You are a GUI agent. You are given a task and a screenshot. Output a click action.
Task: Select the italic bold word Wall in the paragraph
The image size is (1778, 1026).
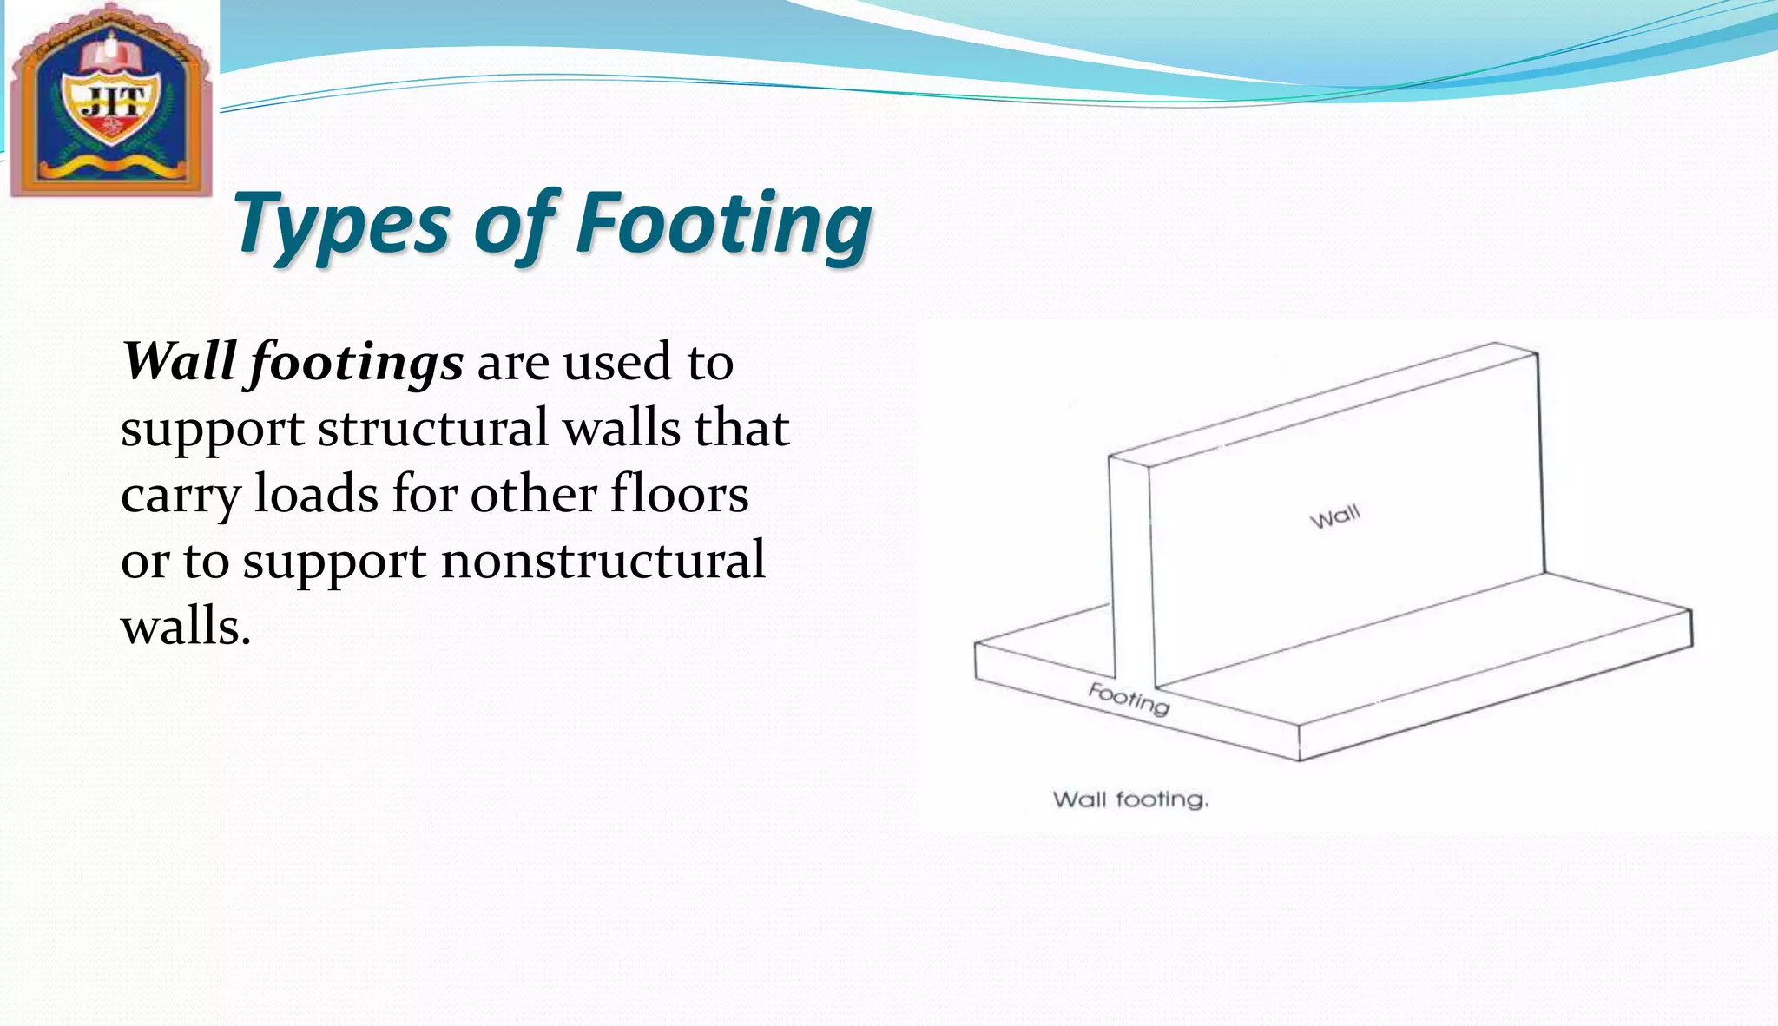[179, 361]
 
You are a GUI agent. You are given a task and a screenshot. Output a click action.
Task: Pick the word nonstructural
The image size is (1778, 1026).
[603, 561]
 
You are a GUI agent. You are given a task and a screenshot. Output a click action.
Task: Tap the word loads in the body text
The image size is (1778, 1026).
[315, 494]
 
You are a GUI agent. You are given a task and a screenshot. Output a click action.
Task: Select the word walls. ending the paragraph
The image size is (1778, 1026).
[186, 626]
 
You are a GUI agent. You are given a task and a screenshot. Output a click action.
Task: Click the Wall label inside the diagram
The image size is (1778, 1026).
[1334, 517]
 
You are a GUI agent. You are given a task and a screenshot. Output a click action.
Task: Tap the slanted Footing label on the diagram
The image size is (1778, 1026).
[1129, 699]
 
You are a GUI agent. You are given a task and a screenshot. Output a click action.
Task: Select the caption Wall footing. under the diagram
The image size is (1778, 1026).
[1130, 799]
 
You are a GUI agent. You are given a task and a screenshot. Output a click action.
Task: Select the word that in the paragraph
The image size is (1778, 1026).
[741, 429]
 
